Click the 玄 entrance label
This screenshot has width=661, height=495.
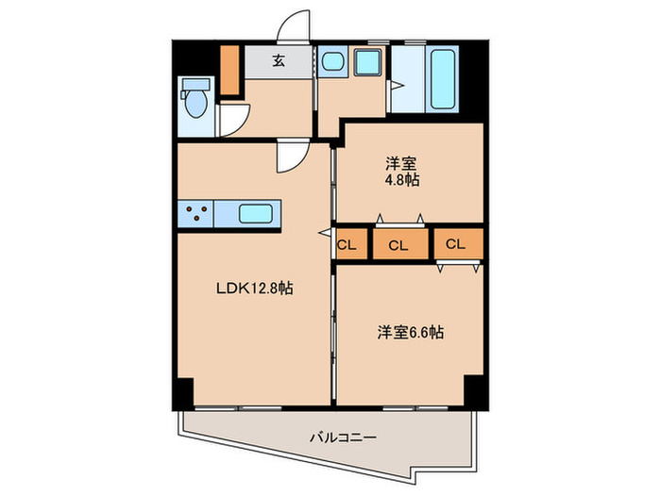click(x=280, y=62)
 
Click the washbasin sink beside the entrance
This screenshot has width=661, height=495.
click(x=332, y=63)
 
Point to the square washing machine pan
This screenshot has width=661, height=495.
click(x=365, y=64)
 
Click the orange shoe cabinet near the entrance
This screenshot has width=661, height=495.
click(x=229, y=68)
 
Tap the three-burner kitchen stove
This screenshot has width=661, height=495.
click(x=195, y=214)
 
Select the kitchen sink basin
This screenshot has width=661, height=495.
click(x=255, y=214)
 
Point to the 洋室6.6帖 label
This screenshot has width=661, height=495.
click(x=411, y=332)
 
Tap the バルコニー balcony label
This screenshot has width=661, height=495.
click(x=343, y=437)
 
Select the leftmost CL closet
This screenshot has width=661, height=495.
click(x=347, y=245)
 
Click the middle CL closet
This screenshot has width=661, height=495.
click(x=398, y=246)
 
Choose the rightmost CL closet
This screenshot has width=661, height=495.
click(x=456, y=244)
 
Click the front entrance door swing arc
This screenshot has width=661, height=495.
click(x=296, y=26)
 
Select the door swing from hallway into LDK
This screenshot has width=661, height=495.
click(x=289, y=158)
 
